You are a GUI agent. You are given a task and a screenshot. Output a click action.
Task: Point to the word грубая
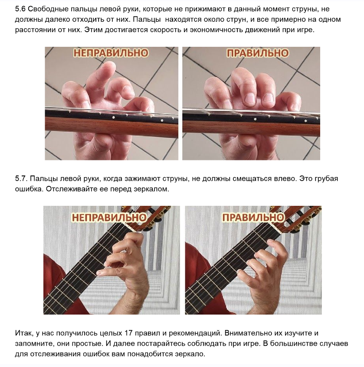coord(325,179)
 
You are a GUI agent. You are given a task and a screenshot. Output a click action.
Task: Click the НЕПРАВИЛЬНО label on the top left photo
coord(111,53)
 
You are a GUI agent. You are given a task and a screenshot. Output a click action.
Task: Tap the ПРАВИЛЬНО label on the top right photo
coord(258,53)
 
